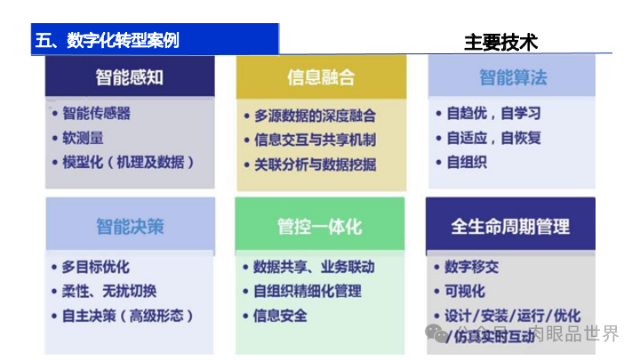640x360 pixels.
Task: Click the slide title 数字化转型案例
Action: coord(107,40)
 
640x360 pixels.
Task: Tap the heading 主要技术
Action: coord(500,42)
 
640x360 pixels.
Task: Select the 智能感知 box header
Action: coord(130,76)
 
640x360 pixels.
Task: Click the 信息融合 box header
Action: coord(321,76)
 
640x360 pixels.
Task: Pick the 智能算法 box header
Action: coord(513,76)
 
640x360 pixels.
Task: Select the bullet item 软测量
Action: coord(82,138)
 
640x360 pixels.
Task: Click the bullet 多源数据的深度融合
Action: coord(315,116)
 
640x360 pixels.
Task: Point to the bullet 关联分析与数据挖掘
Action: coord(315,164)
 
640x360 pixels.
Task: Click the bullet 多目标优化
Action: coord(95,267)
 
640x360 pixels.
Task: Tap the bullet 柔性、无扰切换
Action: coord(108,291)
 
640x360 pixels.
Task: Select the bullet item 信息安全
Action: coord(280,316)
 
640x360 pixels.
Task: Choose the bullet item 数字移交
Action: coord(471,267)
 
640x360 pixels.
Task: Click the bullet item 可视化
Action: coord(464,291)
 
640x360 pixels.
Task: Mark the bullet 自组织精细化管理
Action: coord(308,291)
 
